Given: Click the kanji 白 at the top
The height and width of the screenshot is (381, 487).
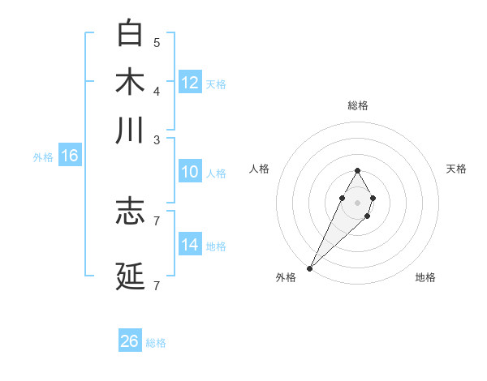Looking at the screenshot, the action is click(130, 33).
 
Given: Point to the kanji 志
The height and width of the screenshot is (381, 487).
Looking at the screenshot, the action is click(130, 211).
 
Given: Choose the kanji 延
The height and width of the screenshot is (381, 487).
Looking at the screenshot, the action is click(130, 276).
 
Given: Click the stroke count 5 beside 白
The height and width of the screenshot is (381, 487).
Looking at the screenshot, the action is click(157, 42).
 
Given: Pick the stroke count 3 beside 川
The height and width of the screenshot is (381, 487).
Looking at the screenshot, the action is click(157, 139).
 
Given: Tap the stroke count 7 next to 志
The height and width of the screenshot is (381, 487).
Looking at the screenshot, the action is click(157, 220).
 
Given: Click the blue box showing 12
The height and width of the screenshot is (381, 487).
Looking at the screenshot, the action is click(190, 83).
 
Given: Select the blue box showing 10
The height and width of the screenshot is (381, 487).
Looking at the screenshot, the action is click(190, 172).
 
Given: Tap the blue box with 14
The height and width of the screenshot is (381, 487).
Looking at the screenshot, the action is click(190, 245).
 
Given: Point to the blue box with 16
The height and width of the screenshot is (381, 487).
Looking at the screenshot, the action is click(70, 156).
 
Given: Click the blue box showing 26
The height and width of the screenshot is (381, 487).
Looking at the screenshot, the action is click(130, 341).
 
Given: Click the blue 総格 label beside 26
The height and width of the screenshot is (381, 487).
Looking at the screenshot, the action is click(156, 343).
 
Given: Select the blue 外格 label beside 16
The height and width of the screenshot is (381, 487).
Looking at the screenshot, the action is click(43, 157).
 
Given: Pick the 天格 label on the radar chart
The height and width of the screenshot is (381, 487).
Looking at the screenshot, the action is click(456, 169).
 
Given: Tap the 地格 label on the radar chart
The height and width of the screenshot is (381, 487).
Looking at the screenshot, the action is click(425, 277).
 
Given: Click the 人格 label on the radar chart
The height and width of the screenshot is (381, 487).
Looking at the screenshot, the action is click(260, 169).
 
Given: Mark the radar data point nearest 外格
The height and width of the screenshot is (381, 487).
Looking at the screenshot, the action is click(310, 268).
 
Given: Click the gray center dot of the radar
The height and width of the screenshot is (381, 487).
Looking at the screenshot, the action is click(357, 202).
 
